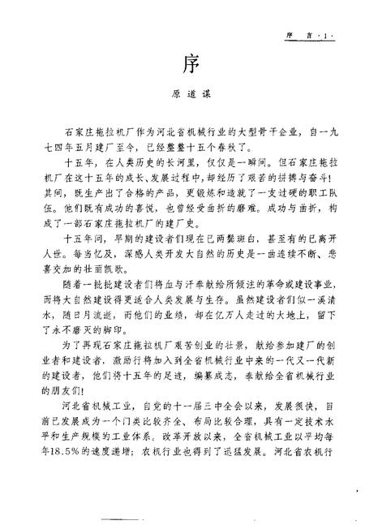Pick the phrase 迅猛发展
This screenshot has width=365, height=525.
point(247,497)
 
